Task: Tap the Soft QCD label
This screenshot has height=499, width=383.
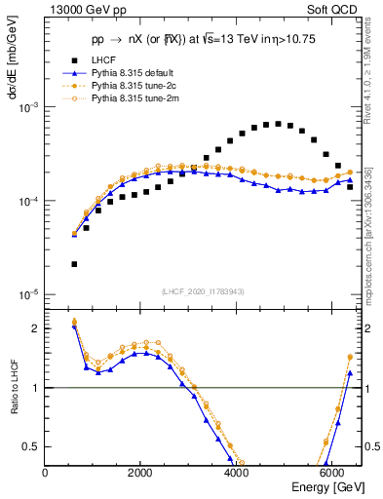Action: click(330, 9)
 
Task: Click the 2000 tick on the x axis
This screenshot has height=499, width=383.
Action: click(140, 473)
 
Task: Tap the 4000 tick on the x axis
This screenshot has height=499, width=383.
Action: click(236, 473)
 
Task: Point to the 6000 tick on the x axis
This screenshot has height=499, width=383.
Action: click(330, 473)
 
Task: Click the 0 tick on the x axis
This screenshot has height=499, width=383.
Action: click(46, 473)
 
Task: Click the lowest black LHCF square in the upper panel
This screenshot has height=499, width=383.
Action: click(74, 264)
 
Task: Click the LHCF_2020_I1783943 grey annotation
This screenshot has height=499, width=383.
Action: click(204, 292)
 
